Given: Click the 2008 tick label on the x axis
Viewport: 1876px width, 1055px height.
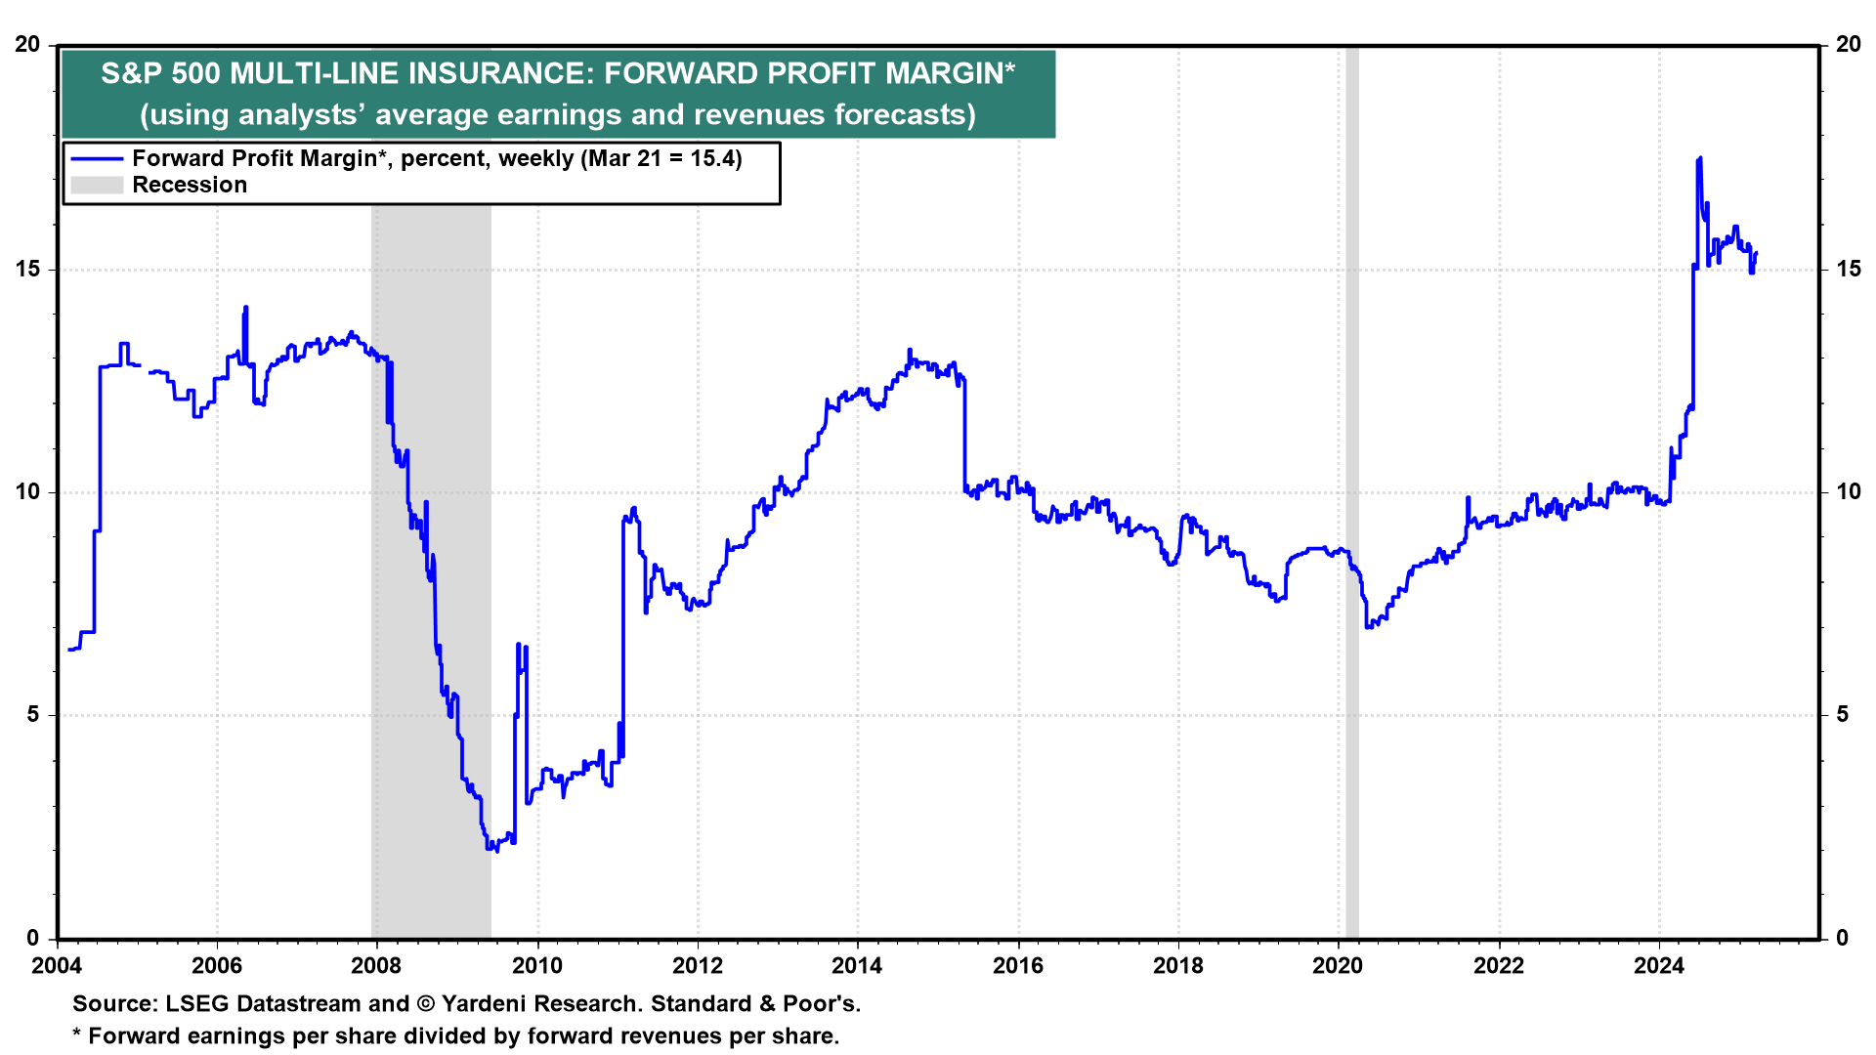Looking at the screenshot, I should pos(376,966).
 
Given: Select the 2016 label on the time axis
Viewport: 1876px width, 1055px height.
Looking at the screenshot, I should pos(1018,966).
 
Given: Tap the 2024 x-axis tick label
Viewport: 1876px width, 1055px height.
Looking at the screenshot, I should pos(1659,966).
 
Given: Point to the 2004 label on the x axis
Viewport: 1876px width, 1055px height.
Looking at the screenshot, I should pos(57,966).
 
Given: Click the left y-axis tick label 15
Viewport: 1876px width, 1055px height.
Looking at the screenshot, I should pos(27,269).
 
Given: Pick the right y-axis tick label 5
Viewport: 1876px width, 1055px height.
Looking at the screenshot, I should pos(1843,714).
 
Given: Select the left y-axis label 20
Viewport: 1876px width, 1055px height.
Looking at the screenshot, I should pos(27,45).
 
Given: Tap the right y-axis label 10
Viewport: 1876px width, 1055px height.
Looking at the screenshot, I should pos(1849,491).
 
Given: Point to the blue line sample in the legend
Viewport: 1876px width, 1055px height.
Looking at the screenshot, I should pos(97,159).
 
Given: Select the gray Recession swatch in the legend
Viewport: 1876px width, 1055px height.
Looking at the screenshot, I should pos(97,186).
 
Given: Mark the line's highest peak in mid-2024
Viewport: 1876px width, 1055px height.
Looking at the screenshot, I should pos(1700,158).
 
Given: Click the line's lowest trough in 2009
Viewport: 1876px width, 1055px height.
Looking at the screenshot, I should pos(496,850).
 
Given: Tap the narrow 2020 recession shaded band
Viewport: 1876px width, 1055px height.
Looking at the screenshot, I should pos(1352,488).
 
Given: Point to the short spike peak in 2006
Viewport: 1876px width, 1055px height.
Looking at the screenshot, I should pos(246,308).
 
